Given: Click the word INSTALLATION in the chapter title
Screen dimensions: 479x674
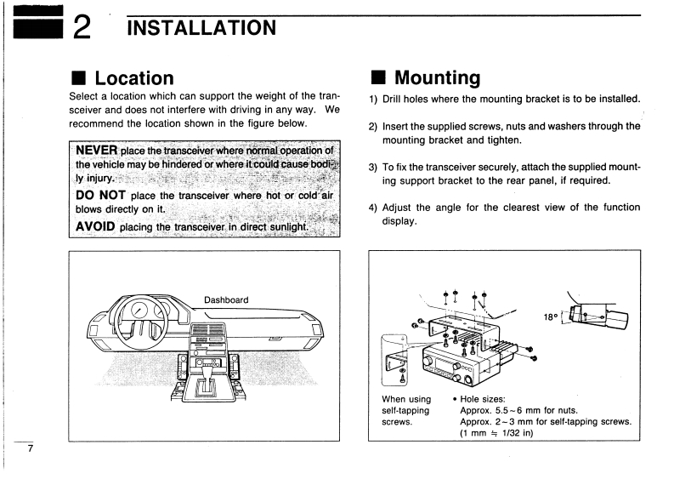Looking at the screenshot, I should (x=201, y=27).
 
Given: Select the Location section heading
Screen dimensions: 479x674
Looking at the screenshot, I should (x=133, y=78).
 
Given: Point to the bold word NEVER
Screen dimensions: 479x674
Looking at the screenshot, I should (x=96, y=151).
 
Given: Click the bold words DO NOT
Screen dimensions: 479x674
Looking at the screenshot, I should (x=101, y=195).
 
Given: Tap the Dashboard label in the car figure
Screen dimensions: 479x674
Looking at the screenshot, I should (x=226, y=299).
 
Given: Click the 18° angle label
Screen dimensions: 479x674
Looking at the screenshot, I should (x=552, y=316).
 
